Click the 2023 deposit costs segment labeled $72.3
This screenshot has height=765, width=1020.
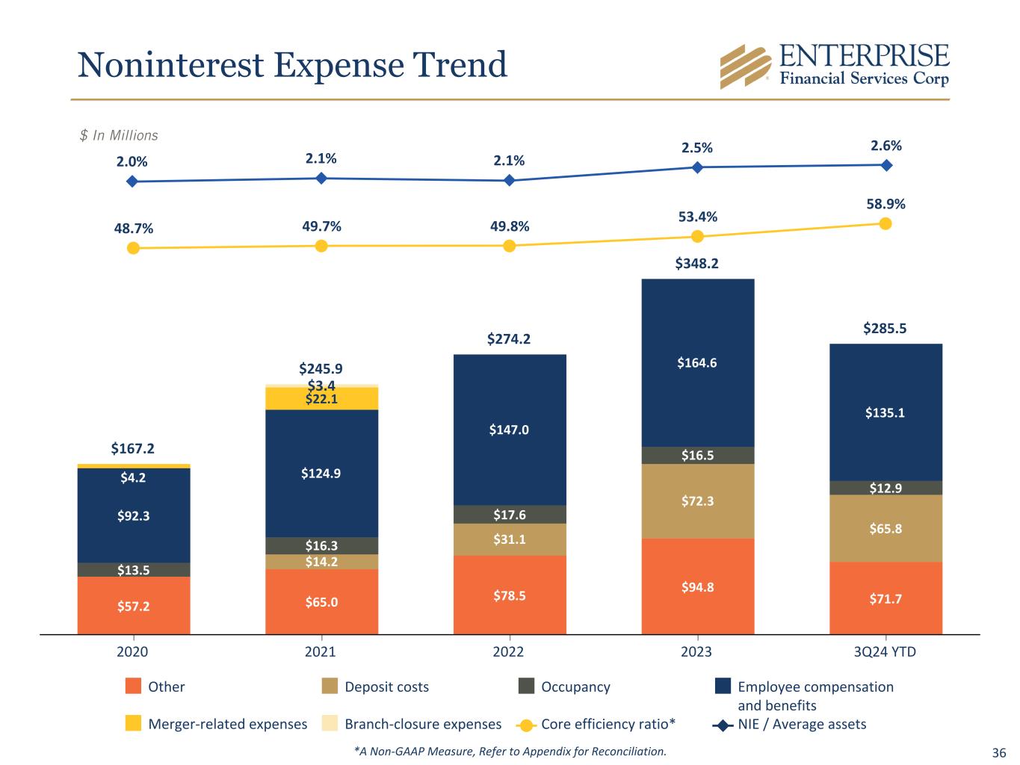(697, 501)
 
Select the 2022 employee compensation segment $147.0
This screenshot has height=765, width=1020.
(510, 430)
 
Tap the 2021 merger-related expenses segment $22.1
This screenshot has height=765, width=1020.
(321, 399)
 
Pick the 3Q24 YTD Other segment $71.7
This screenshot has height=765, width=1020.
(885, 598)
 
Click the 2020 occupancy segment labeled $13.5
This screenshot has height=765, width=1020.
(134, 570)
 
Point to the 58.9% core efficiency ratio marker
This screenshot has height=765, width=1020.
(885, 223)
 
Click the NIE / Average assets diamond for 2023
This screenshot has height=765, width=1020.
(697, 167)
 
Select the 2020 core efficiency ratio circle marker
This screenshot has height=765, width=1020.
(133, 248)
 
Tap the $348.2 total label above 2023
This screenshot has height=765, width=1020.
(696, 264)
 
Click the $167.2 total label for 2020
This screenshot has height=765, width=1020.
(132, 448)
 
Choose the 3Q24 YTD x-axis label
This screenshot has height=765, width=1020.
(885, 651)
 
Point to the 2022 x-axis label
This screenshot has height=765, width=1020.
(508, 651)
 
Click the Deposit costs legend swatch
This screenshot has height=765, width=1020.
(330, 686)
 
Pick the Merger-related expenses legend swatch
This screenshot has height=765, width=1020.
(133, 723)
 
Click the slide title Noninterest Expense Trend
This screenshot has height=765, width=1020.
(292, 64)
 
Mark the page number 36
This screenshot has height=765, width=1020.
(998, 752)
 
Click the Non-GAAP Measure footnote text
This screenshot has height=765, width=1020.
(510, 752)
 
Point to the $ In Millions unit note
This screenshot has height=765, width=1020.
(119, 135)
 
